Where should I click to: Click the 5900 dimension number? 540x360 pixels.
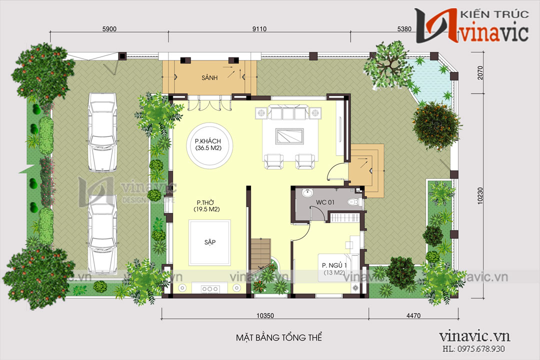point(109,29)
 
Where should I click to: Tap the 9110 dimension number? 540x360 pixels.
point(259,29)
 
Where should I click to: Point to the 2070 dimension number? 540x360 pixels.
point(480,77)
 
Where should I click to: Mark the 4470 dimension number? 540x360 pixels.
point(414,316)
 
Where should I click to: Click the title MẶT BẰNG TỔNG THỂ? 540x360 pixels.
point(279,338)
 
